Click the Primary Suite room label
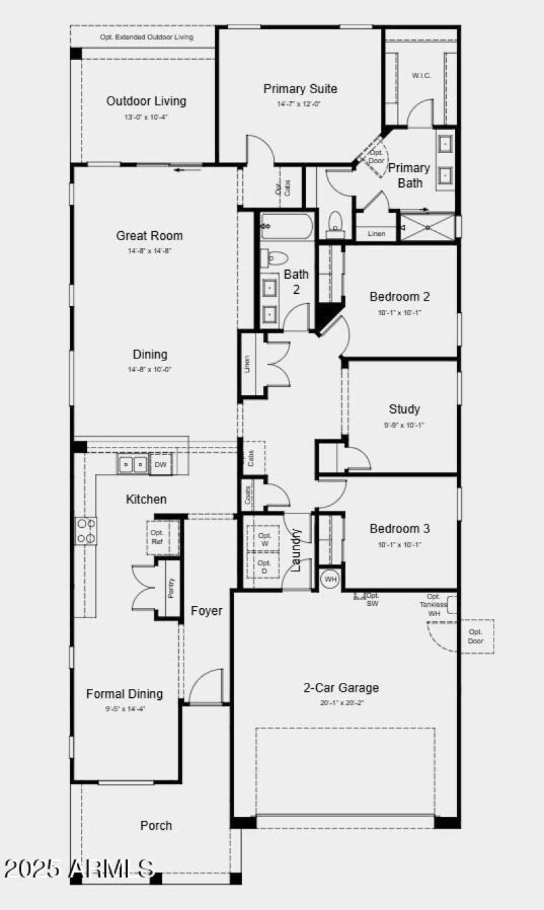(x=300, y=89)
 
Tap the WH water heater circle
(x=330, y=579)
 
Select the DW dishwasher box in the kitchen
(x=160, y=465)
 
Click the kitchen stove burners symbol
(x=86, y=530)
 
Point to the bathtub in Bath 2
(x=287, y=226)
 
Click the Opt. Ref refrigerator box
(x=158, y=537)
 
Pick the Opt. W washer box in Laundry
(x=265, y=540)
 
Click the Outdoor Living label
(x=146, y=101)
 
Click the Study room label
(x=404, y=409)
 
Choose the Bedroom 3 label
(x=400, y=528)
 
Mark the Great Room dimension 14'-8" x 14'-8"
(x=149, y=251)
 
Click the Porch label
(x=156, y=825)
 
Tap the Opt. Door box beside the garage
(x=476, y=637)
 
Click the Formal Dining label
(x=124, y=694)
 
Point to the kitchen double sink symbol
(x=133, y=465)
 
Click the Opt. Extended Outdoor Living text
(x=146, y=37)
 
